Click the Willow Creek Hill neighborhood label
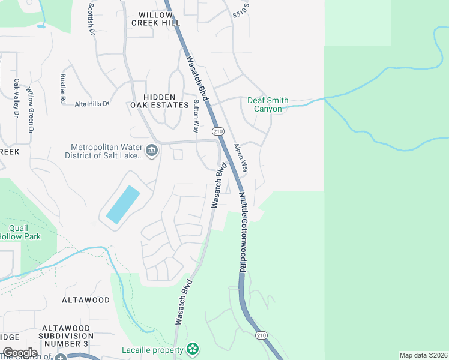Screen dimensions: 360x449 pyautogui.click(x=159, y=19)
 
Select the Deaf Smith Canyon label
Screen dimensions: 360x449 pyautogui.click(x=268, y=105)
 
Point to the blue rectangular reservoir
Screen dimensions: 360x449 pyautogui.click(x=123, y=204)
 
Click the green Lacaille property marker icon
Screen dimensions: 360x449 pyautogui.click(x=192, y=349)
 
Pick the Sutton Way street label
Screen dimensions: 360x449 pyautogui.click(x=196, y=116)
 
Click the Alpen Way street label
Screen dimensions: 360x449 pyautogui.click(x=240, y=159)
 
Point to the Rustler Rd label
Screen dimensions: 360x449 pyautogui.click(x=62, y=89)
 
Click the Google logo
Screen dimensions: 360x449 pyautogui.click(x=20, y=353)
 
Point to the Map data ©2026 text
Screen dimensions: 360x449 pyautogui.click(x=423, y=355)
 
